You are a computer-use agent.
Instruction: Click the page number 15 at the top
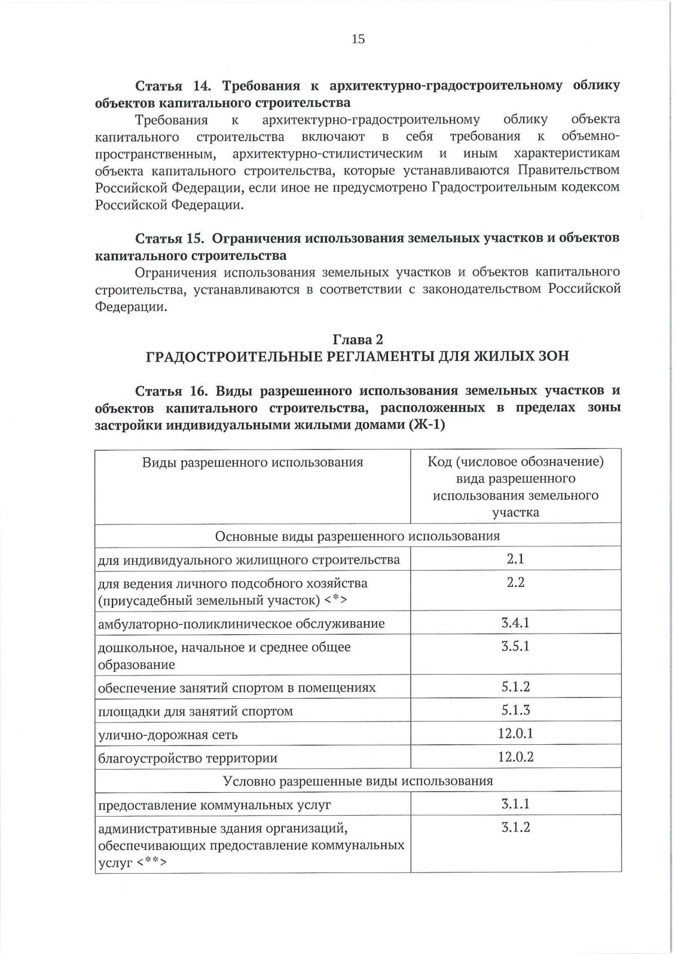point(358,39)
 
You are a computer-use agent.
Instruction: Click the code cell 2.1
point(515,559)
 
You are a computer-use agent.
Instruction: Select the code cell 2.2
point(515,582)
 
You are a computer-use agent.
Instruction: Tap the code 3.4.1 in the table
point(515,623)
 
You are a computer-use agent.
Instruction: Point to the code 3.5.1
point(515,646)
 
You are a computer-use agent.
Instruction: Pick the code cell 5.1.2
point(515,687)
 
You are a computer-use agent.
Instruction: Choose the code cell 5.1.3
point(515,711)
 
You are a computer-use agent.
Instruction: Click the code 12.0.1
point(515,734)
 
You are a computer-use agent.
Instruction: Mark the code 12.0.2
point(515,757)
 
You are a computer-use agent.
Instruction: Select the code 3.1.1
point(515,804)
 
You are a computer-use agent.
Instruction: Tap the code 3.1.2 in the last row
point(515,828)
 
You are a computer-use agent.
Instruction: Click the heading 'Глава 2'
point(358,340)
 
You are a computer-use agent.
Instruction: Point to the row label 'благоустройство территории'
point(188,758)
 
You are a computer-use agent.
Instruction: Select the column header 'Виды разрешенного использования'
point(253,463)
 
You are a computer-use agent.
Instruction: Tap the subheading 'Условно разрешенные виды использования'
point(358,781)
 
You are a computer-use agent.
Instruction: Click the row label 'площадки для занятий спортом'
point(195,712)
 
